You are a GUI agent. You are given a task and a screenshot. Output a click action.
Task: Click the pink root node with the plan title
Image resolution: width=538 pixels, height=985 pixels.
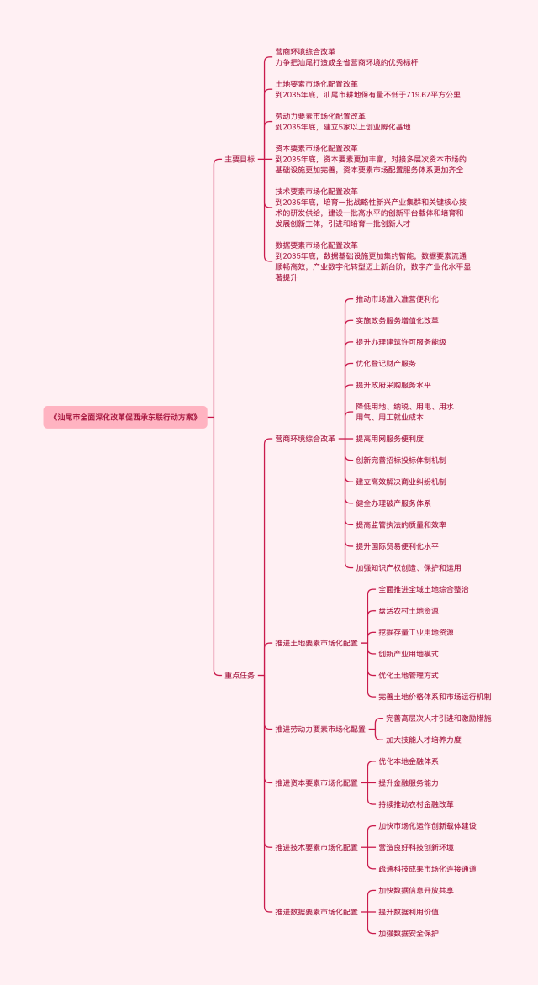click(125, 417)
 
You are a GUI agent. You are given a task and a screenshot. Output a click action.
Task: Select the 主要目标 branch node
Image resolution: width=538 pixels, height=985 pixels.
click(240, 159)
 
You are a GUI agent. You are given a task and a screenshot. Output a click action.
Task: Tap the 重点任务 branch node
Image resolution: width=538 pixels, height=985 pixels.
click(240, 675)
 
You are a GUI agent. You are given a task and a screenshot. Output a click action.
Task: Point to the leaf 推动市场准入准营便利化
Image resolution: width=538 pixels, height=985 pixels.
click(397, 299)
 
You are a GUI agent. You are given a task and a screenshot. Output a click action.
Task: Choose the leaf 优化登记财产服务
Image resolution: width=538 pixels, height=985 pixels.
click(386, 363)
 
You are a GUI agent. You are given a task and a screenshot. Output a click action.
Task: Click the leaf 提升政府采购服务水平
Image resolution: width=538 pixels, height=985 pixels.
click(393, 385)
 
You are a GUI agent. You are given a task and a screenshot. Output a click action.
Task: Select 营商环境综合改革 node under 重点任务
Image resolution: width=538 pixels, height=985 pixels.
click(305, 439)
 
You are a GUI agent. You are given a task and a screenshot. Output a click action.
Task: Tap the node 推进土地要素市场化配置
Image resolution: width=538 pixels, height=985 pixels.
click(317, 643)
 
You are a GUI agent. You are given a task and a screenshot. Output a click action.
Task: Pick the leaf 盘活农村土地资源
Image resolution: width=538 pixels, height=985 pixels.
click(409, 611)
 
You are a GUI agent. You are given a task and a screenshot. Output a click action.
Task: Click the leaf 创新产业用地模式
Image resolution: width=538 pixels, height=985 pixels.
click(409, 654)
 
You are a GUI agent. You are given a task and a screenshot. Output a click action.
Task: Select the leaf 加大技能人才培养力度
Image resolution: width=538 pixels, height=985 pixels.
click(424, 740)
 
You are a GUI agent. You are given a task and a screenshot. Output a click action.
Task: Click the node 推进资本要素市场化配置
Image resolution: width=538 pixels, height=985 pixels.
click(317, 782)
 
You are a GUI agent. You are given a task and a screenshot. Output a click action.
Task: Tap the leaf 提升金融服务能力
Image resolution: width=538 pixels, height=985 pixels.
click(409, 782)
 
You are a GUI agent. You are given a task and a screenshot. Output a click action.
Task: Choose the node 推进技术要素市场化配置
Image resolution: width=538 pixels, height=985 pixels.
click(317, 847)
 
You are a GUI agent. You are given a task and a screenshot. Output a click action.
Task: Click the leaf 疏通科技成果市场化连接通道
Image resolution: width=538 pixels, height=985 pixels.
click(427, 868)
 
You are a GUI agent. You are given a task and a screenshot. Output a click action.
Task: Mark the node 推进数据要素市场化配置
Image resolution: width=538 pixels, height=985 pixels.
click(317, 911)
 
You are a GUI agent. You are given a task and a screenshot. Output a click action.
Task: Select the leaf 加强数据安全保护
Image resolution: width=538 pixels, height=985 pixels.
click(409, 933)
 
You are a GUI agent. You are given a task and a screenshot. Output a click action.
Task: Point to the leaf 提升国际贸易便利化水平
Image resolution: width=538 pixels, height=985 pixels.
click(397, 546)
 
